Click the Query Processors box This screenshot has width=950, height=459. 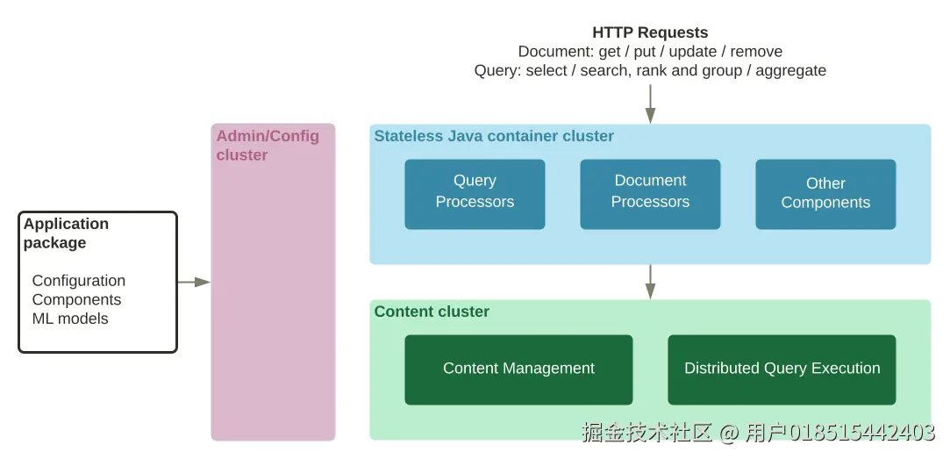475,194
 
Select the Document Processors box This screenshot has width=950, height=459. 650,194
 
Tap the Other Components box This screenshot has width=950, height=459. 825,194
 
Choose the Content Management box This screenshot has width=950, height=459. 518,369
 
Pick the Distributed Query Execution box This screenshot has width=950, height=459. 782,369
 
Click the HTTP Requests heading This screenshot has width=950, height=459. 650,33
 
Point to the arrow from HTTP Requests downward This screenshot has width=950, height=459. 650,104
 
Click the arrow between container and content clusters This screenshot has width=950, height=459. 650,281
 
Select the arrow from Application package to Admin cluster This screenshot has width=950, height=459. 193,282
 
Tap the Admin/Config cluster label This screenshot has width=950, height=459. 268,146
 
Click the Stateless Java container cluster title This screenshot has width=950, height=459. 494,136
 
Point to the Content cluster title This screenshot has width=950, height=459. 432,312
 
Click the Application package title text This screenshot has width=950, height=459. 66,233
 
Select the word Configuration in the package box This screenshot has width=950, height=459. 79,281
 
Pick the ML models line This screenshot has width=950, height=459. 70,319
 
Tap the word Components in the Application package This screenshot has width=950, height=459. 76,300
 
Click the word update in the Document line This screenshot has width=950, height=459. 692,52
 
